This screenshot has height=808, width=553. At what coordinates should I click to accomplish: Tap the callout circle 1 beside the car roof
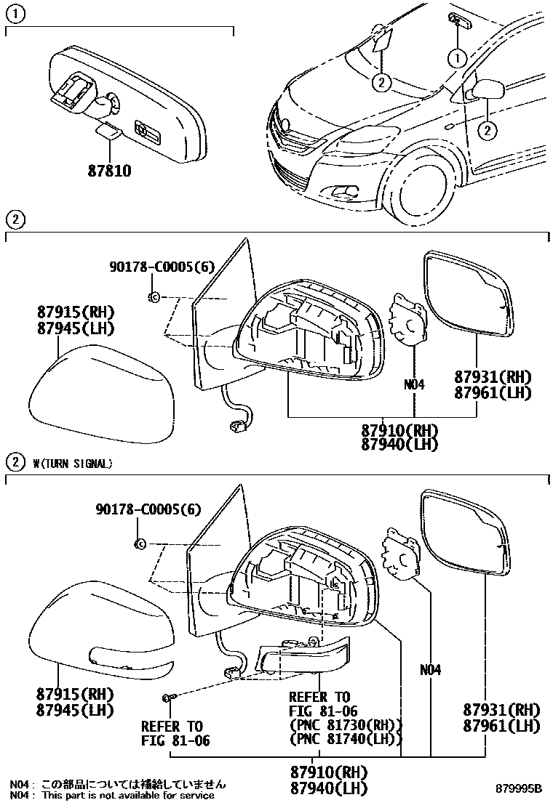pos(457,56)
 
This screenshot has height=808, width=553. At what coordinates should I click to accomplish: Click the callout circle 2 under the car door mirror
pos(487,130)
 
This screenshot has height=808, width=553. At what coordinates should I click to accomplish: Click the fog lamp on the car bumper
pos(343,191)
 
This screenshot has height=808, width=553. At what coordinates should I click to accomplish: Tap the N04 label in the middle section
pos(413,384)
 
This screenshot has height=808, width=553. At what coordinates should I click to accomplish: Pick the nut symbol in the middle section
pos(154,296)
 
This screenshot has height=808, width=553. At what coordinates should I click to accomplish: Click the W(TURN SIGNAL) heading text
pos(73,463)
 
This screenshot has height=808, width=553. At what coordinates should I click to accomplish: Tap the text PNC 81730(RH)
pos(346,725)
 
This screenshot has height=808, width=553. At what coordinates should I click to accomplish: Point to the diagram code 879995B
pos(519,788)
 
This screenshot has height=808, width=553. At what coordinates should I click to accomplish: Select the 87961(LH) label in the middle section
pos(493,392)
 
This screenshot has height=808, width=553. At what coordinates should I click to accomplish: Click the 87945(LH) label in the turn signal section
pos(75,709)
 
